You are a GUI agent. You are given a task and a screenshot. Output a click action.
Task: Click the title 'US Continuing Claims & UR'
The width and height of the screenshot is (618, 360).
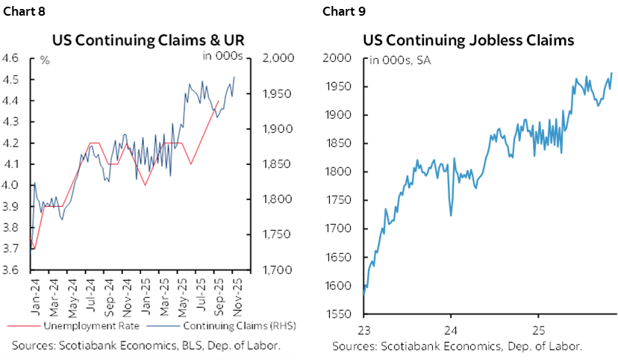pos(148,40)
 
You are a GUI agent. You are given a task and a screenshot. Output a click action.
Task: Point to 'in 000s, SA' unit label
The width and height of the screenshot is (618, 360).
pos(399,60)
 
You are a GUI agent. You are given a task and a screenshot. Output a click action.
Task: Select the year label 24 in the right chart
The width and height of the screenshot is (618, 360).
pos(452,329)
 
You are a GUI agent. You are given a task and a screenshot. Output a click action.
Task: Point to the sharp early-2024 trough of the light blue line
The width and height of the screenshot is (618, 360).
pos(450,216)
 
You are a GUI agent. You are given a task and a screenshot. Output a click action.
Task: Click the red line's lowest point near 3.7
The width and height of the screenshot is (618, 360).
pos(34,248)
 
